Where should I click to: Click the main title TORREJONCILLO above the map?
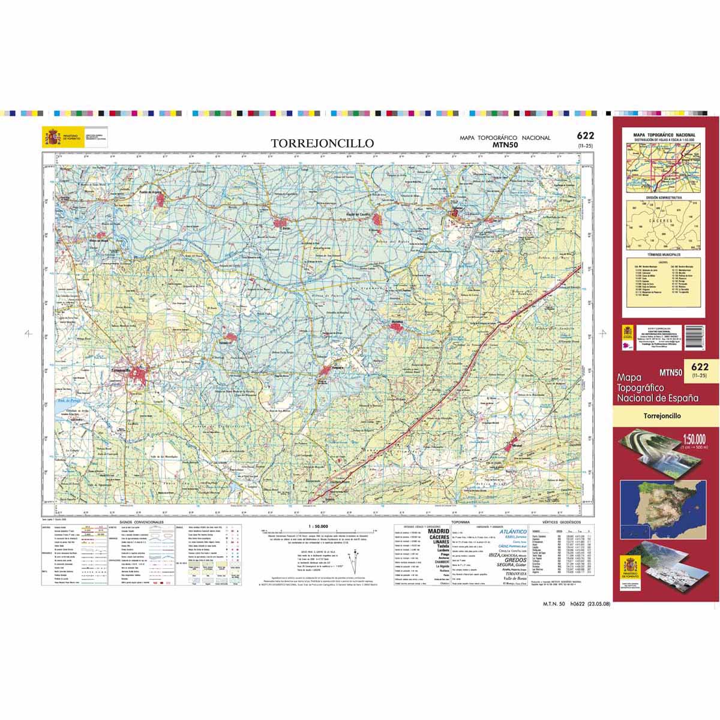(322, 143)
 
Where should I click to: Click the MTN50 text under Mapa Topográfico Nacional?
(505, 145)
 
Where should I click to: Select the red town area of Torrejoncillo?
(142, 376)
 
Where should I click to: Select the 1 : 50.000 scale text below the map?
(318, 526)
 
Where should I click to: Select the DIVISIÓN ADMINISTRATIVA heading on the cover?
(664, 197)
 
